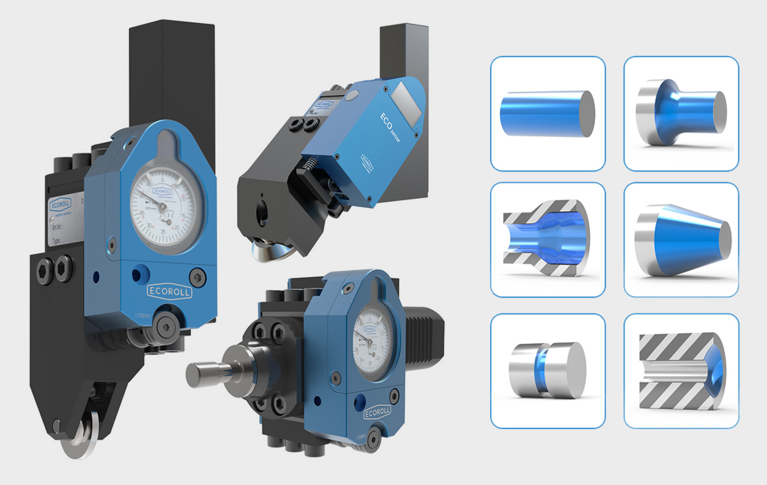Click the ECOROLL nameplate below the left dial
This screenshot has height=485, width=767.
pyautogui.click(x=169, y=292)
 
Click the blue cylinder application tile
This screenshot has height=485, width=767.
pyautogui.click(x=548, y=114)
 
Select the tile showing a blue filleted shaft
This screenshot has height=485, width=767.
pyautogui.click(x=681, y=114)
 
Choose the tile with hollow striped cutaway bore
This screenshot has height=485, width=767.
pyautogui.click(x=548, y=239)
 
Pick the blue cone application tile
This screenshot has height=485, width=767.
pyautogui.click(x=681, y=239)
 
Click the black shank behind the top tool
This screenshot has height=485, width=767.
pyautogui.click(x=403, y=50)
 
